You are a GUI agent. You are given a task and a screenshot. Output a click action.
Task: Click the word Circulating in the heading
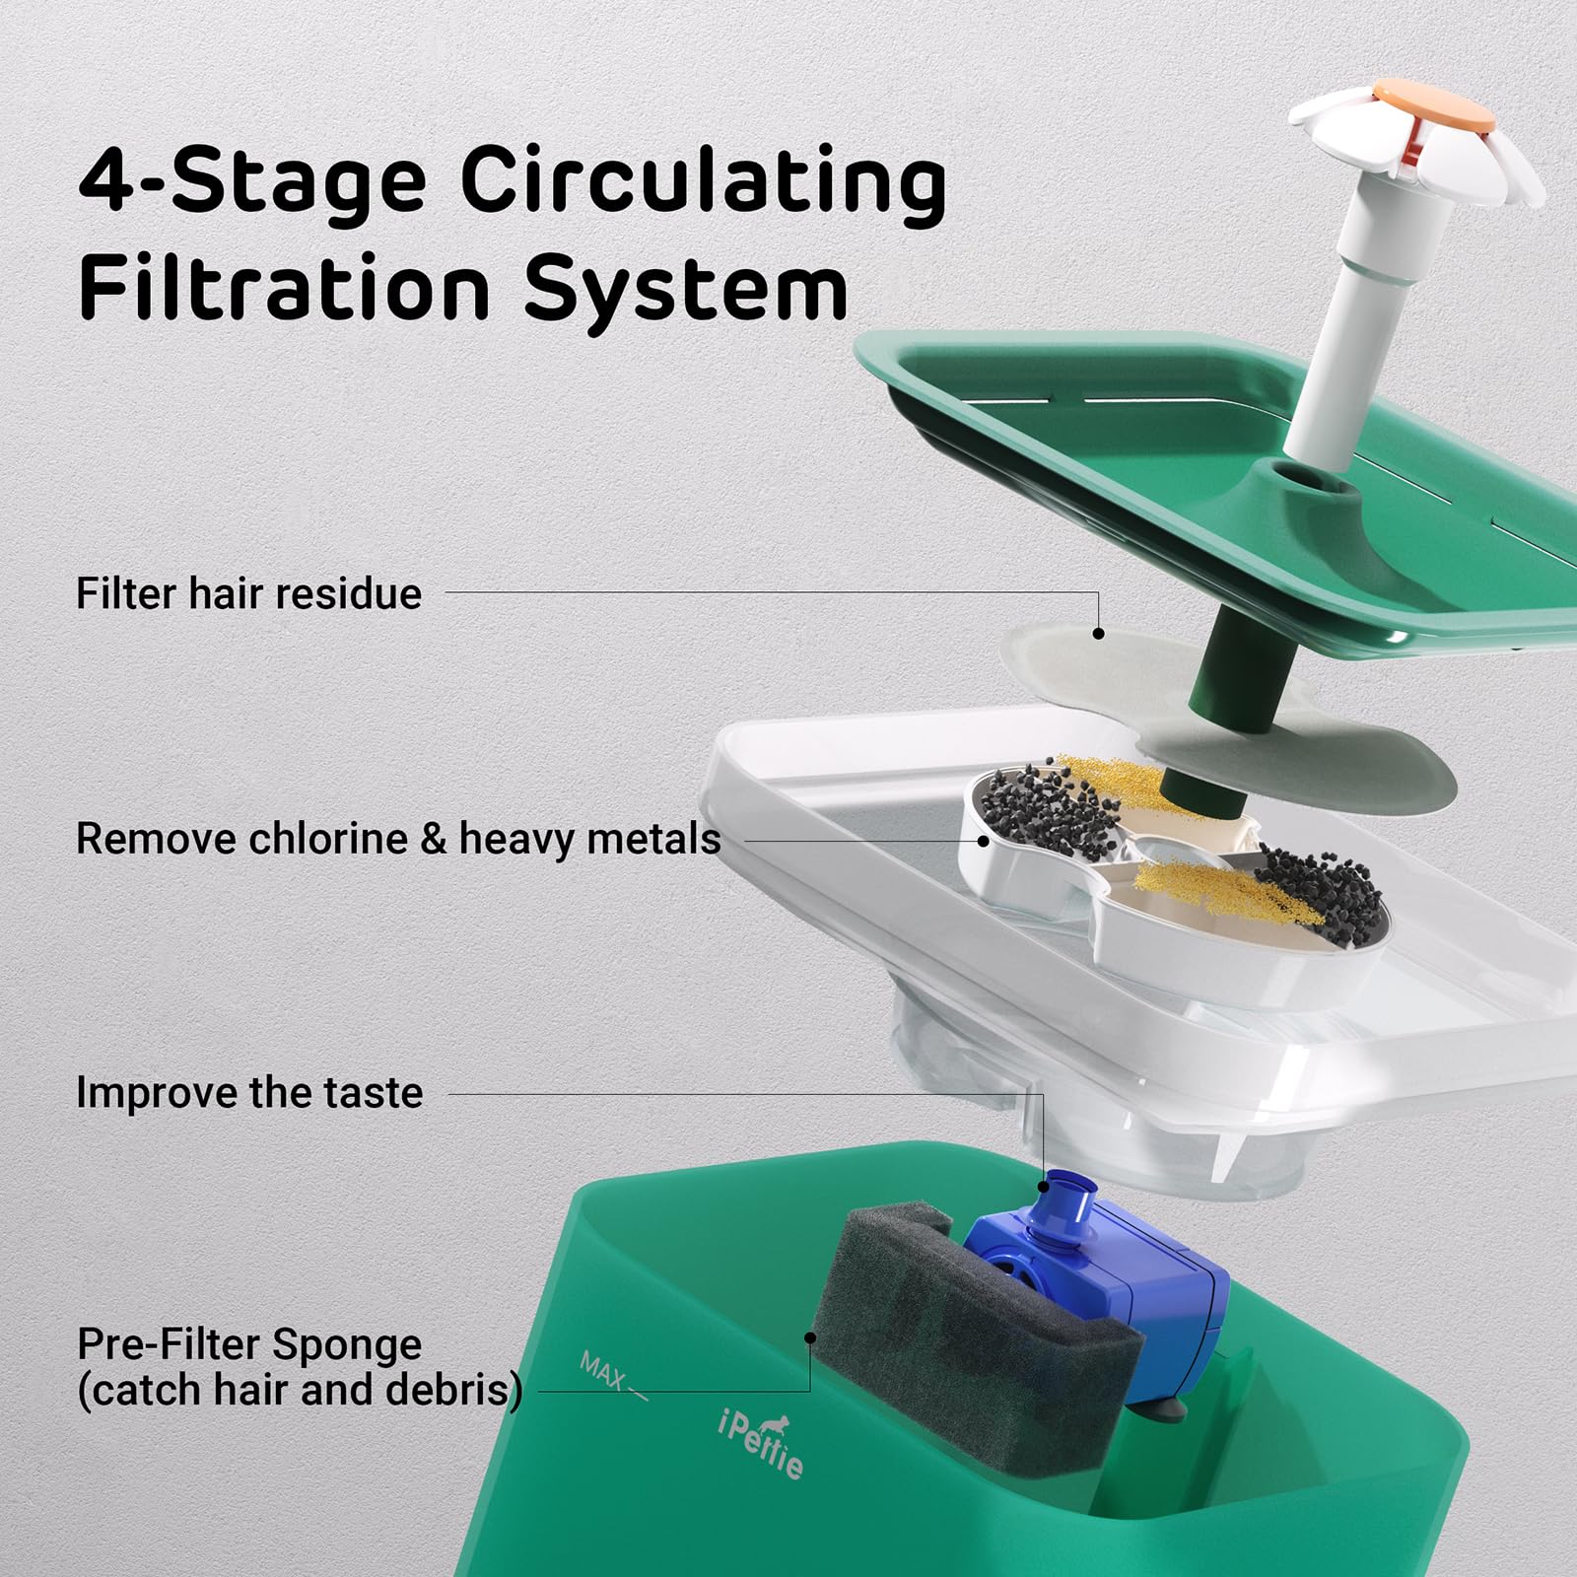[703, 182]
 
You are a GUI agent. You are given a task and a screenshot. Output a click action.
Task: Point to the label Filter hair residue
[248, 594]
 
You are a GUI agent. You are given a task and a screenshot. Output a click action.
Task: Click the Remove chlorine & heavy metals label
[398, 840]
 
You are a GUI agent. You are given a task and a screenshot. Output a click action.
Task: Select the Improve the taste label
[249, 1093]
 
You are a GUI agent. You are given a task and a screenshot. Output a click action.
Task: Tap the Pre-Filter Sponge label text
[249, 1344]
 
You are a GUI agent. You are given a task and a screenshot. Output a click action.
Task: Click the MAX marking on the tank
[602, 1370]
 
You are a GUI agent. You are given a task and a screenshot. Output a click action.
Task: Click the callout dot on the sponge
[810, 1337]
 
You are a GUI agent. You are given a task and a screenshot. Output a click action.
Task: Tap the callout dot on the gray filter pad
[1098, 634]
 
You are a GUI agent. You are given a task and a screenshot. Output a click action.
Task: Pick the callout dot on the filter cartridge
[984, 841]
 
